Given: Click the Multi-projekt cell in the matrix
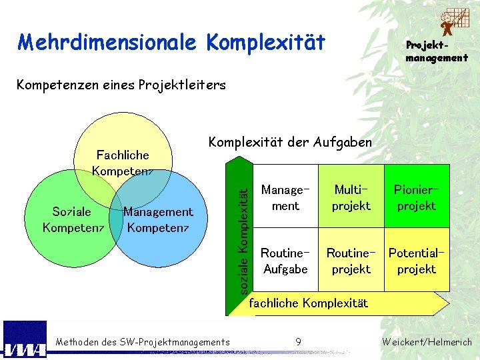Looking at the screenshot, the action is coord(351,198).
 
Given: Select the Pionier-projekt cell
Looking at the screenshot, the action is coord(416,198).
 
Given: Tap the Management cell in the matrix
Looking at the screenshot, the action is coord(285,198).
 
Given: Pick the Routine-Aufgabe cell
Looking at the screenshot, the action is coord(285,261).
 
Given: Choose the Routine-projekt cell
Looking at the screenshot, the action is coord(351,261).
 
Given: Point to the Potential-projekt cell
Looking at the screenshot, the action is coord(416,261).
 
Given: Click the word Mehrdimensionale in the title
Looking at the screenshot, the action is coord(107,43).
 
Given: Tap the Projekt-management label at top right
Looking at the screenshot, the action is coord(437,51).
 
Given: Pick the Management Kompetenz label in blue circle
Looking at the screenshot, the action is coord(158,219).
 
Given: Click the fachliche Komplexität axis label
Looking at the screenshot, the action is coord(308,303).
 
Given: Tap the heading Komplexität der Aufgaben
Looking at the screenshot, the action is coord(290,142).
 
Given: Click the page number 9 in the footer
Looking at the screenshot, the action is coord(298,342).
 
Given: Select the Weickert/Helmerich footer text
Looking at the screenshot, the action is coord(427,342).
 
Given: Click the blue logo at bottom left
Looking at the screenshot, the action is coord(25,340).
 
